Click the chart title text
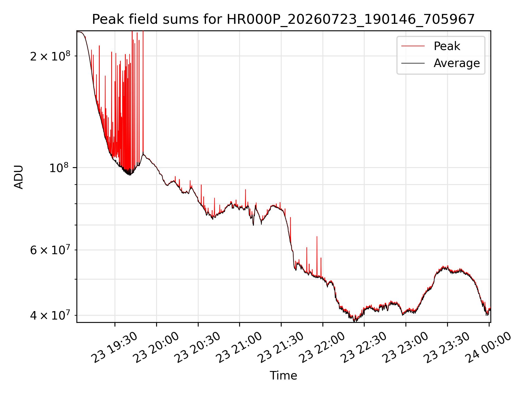[283, 19]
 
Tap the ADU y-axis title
[19, 177]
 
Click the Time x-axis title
[283, 375]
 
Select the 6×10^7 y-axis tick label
[50, 250]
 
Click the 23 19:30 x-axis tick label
[114, 347]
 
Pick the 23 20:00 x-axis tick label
[156, 347]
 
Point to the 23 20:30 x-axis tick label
[198, 347]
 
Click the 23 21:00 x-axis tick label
[239, 347]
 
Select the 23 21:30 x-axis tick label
[281, 347]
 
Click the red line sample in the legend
[413, 46]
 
